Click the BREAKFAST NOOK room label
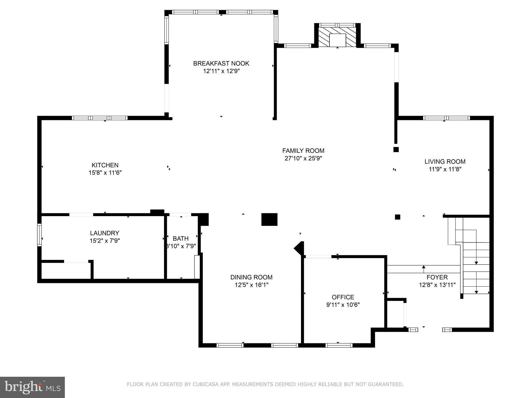pyautogui.click(x=221, y=63)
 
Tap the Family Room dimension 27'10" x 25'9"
pyautogui.click(x=303, y=158)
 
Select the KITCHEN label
pyautogui.click(x=105, y=165)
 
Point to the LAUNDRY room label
pyautogui.click(x=104, y=233)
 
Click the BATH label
pyautogui.click(x=181, y=238)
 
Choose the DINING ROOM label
pyautogui.click(x=251, y=277)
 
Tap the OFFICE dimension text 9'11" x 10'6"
pyautogui.click(x=343, y=305)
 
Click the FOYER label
pyautogui.click(x=437, y=277)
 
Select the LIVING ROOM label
pyautogui.click(x=445, y=162)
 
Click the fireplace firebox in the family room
pyautogui.click(x=337, y=40)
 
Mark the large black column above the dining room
pyautogui.click(x=269, y=219)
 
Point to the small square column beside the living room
pyautogui.click(x=396, y=150)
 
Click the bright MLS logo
pyautogui.click(x=32, y=387)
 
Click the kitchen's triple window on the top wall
pyautogui.click(x=100, y=118)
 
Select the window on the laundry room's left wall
pyautogui.click(x=39, y=235)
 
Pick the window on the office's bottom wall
pyautogui.click(x=339, y=345)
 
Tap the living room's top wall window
pyautogui.click(x=446, y=118)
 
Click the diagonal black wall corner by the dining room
pyautogui.click(x=300, y=248)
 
